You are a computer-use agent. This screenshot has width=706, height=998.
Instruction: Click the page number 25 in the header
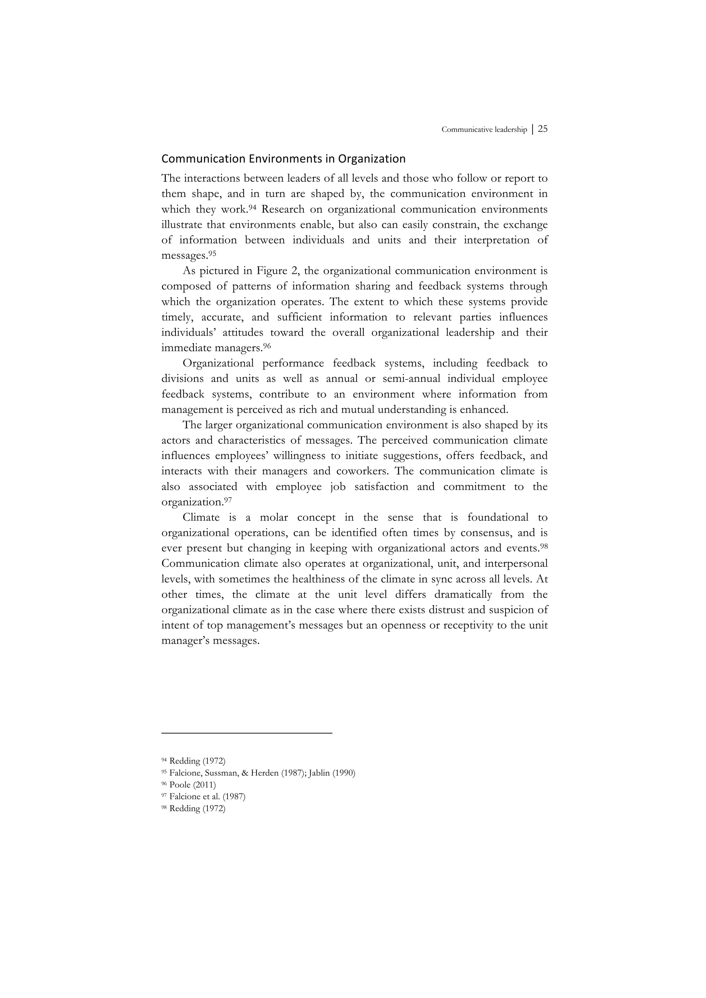click(x=543, y=129)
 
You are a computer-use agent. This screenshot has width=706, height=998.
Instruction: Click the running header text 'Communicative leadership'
click(x=484, y=129)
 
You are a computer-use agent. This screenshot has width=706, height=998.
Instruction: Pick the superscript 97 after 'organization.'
click(x=228, y=500)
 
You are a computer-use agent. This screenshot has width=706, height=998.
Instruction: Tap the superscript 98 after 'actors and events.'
click(x=543, y=546)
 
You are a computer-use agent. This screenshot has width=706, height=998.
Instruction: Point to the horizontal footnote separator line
click(x=246, y=733)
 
